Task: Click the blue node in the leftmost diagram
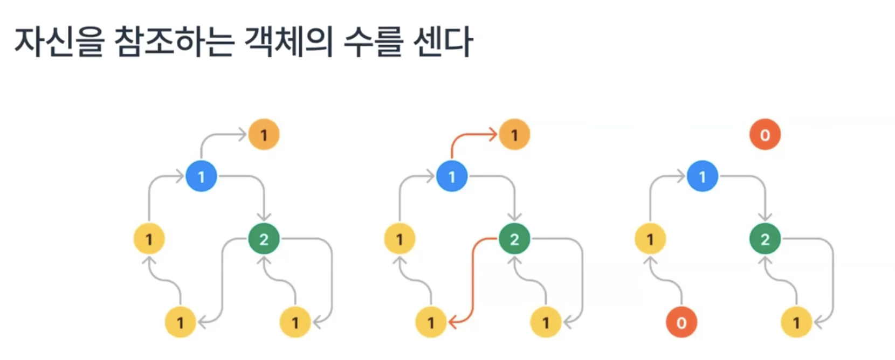tap(201, 176)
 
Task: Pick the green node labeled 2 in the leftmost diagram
tap(264, 239)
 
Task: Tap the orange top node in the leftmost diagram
tap(264, 135)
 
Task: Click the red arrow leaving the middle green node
tap(473, 280)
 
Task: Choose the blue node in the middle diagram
tap(452, 176)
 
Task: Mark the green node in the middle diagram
tap(514, 239)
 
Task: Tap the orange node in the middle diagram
tap(514, 135)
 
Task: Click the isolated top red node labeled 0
tap(765, 135)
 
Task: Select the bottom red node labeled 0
tap(681, 322)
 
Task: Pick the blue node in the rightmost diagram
tap(702, 176)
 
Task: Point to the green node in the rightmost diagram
tap(765, 239)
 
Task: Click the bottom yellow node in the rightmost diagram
tap(796, 322)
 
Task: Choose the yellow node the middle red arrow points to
tap(431, 322)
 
